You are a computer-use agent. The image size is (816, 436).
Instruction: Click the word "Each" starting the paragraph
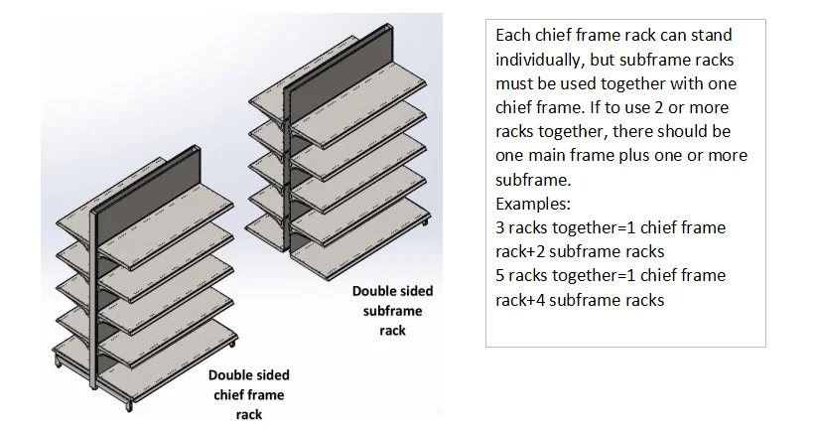512,35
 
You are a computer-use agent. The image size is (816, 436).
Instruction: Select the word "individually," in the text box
537,59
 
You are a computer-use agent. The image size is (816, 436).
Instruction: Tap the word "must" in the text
514,83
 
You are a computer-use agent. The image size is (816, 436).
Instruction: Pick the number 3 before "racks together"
499,227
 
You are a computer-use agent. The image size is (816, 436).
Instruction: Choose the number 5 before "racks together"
499,276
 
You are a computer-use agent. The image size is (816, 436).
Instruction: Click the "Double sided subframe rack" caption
392,311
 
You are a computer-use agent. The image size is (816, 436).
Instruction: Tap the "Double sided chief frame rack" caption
249,394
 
